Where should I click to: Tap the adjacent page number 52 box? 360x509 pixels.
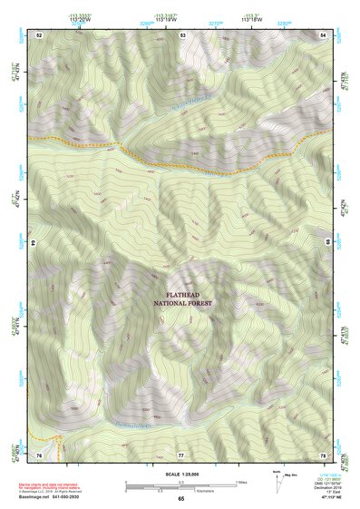pos(39,34)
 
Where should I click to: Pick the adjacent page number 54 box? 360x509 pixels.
pos(324,34)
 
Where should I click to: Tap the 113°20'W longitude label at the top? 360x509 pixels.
pos(80,17)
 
